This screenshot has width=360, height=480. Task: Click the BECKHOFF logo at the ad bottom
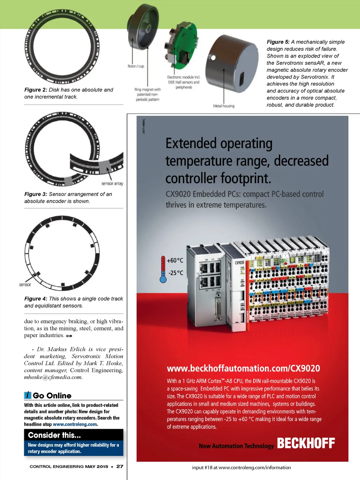pyautogui.click(x=306, y=443)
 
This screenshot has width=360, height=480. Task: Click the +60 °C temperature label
pyautogui.click(x=175, y=260)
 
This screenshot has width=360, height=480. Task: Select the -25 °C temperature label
pyautogui.click(x=176, y=273)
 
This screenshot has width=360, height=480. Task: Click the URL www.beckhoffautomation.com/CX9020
pyautogui.click(x=243, y=368)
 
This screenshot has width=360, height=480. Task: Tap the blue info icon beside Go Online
pyautogui.click(x=28, y=395)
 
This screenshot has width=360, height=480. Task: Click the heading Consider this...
pyautogui.click(x=54, y=435)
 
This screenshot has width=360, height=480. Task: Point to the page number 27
pyautogui.click(x=120, y=466)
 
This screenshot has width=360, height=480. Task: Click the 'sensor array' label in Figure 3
pyautogui.click(x=112, y=183)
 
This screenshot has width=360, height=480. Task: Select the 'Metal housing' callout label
pyautogui.click(x=224, y=106)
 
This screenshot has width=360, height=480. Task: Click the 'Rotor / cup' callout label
pyautogui.click(x=136, y=66)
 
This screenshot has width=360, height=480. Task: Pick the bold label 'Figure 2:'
pyautogui.click(x=36, y=90)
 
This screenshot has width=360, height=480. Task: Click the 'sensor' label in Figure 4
pyautogui.click(x=25, y=284)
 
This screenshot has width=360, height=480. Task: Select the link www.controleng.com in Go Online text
pyautogui.click(x=75, y=424)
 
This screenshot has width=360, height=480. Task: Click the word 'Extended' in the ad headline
pyautogui.click(x=191, y=144)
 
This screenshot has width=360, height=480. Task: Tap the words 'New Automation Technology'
pyautogui.click(x=236, y=446)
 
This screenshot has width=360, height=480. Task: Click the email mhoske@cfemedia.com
pyautogui.click(x=53, y=377)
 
